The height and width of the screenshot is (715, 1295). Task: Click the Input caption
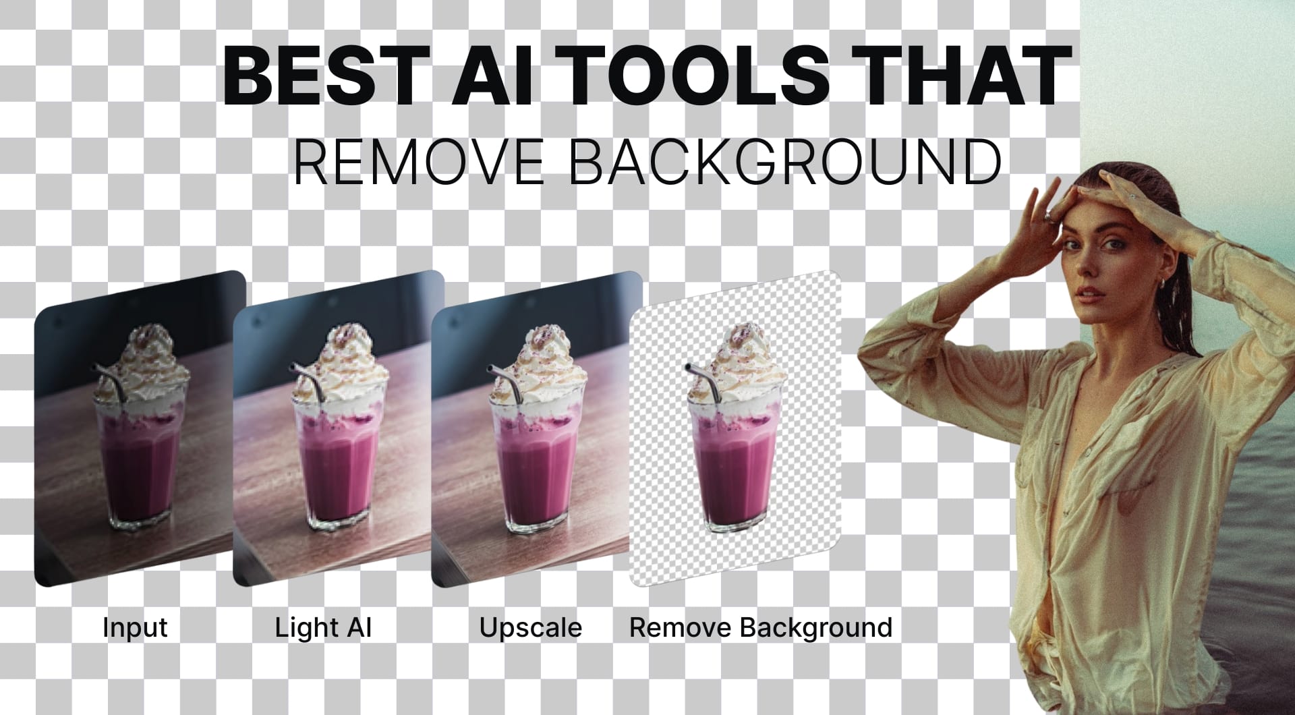pos(135,627)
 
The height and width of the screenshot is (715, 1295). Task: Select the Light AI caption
pos(324,627)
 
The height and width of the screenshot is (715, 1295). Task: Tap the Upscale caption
pos(530,627)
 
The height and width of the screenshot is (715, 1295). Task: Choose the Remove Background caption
pos(761,627)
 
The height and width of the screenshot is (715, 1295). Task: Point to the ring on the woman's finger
pos(1049,216)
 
